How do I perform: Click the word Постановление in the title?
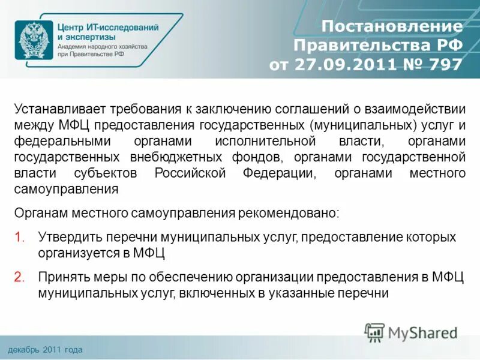click(392, 27)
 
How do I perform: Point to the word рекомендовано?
click(298, 213)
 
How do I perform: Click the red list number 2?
click(19, 277)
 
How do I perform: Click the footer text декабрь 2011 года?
click(45, 349)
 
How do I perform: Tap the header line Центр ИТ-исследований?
click(108, 28)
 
